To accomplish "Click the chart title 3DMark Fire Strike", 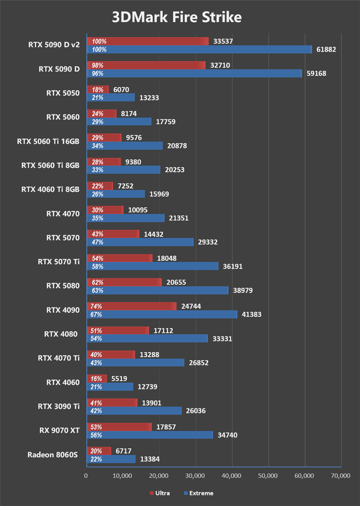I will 177,17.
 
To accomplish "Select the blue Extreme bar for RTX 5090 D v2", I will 199,49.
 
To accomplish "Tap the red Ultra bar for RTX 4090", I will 131,306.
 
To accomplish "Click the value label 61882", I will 326,49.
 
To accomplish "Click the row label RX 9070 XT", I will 60,430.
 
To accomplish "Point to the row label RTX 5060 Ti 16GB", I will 48,141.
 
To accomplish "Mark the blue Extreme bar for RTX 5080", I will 157,291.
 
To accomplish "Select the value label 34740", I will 227,435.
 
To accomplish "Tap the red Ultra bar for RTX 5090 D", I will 146,65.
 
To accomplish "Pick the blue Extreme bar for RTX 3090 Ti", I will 134,411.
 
